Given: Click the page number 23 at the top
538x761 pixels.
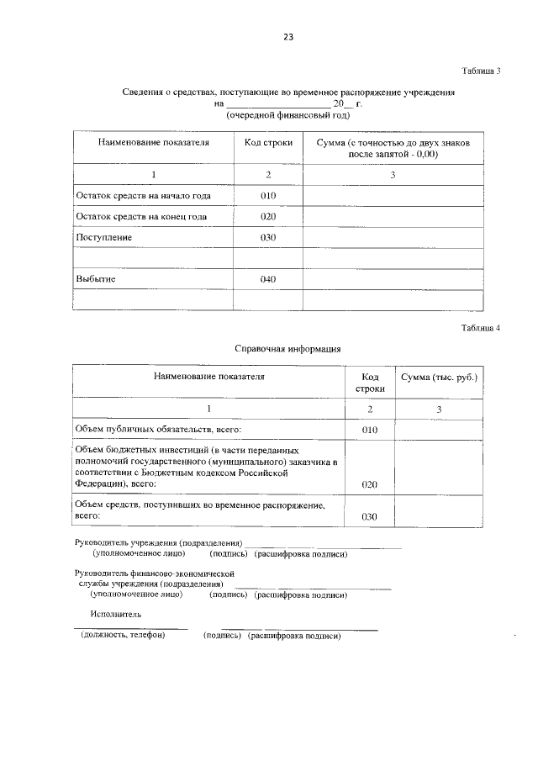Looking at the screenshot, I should pos(287,37).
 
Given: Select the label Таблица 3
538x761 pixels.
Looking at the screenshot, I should pos(481,71).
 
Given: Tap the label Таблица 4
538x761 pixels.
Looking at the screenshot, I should pos(481,329).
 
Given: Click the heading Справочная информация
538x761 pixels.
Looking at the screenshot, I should pos(287,347).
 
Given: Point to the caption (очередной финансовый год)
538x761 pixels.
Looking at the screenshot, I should pos(287,115).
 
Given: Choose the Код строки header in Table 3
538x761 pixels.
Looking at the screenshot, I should pos(268,143).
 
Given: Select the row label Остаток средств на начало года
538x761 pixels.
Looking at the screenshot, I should pos(143,196).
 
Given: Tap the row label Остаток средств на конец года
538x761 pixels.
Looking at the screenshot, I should pos(141,217).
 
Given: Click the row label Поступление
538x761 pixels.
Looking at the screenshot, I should pos(104,238).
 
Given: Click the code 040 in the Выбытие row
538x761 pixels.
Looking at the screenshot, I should pos(268,279).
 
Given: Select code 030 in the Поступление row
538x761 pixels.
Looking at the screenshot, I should pos(268,238).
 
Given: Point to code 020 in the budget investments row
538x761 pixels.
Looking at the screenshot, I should pos(370,484).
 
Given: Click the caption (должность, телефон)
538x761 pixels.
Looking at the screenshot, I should pos(123,636).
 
